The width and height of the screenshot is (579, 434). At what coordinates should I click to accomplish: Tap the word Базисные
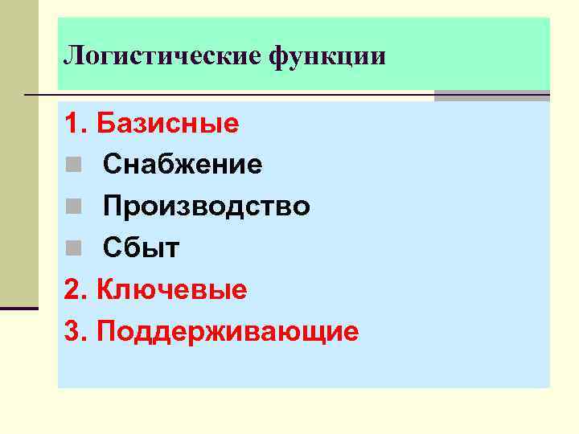click(x=167, y=124)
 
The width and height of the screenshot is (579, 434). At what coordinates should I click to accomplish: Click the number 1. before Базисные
click(x=76, y=124)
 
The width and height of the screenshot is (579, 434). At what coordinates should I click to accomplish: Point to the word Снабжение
click(x=183, y=166)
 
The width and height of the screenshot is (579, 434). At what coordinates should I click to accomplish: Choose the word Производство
click(x=206, y=207)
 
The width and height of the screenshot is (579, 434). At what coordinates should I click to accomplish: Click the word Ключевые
click(x=171, y=290)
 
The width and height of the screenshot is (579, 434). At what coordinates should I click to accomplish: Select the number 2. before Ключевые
click(x=76, y=290)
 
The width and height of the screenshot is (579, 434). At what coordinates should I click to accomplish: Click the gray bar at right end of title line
click(x=491, y=96)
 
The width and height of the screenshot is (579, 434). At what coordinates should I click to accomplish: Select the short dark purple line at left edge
click(x=19, y=308)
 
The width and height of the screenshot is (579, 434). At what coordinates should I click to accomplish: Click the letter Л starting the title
click(x=72, y=56)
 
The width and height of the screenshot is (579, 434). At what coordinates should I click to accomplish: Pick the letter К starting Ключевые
click(x=105, y=290)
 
